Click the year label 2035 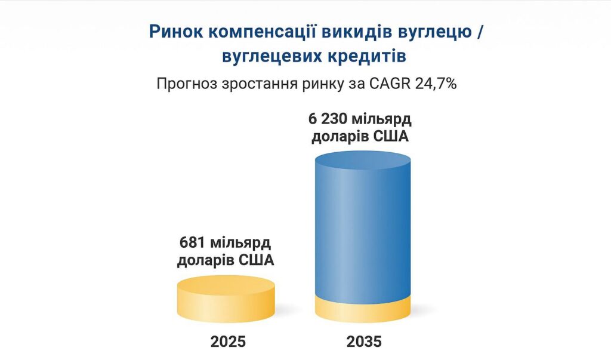pos(363,341)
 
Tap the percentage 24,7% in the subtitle pos(436,84)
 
